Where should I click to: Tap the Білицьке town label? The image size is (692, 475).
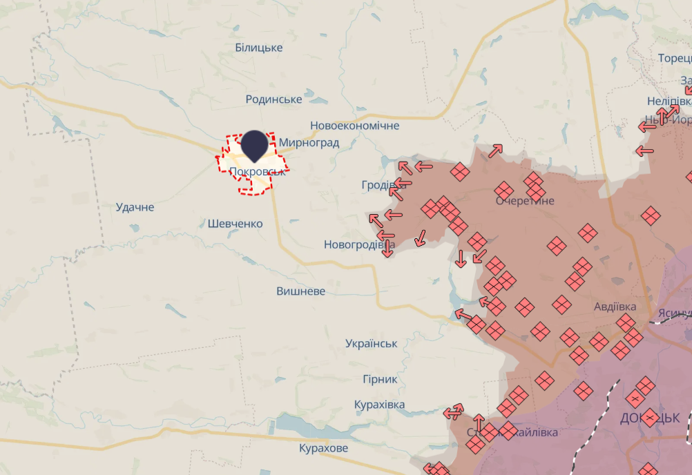pos(259,48)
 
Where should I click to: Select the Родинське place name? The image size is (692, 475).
pos(273,99)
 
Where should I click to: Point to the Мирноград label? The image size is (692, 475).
pos(309,143)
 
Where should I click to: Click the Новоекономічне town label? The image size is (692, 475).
pos(354,126)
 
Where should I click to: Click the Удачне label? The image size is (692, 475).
pos(135,207)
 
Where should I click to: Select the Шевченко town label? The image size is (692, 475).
pos(235,224)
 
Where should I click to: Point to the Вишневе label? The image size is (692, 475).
pos(300,291)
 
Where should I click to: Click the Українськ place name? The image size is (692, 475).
pos(371,344)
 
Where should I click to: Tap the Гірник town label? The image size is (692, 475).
pos(380,379)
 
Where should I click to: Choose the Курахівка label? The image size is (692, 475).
pos(379,405)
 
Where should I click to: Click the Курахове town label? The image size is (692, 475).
pos(324,449)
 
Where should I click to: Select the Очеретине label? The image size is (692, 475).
pos(525,201)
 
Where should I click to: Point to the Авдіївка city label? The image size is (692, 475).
pos(615,307)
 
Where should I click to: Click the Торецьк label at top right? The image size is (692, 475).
pos(674,58)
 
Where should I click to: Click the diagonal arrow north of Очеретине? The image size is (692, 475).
pos(495,151)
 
